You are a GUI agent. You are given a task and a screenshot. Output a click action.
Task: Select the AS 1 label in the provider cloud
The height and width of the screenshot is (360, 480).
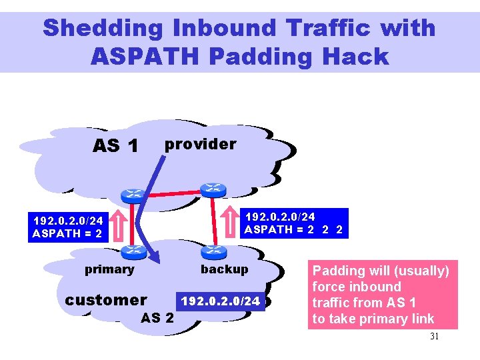click(x=115, y=145)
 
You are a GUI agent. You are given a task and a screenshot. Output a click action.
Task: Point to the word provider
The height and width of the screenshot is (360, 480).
click(x=200, y=144)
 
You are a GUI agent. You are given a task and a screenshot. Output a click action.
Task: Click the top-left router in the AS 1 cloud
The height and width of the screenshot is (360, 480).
click(x=131, y=195)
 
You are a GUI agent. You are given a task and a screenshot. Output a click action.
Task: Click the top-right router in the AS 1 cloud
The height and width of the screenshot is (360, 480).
click(x=214, y=189)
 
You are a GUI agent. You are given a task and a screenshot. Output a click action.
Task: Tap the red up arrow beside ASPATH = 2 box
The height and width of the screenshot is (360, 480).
click(x=120, y=226)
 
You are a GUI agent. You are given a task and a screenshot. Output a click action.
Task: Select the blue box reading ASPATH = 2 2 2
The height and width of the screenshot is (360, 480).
click(x=293, y=223)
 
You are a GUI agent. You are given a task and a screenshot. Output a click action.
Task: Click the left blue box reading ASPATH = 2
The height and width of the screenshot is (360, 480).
click(x=68, y=227)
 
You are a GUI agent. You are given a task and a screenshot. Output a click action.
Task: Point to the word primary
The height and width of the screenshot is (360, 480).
click(x=109, y=269)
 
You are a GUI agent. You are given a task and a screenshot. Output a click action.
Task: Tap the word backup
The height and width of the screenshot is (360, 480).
click(x=224, y=269)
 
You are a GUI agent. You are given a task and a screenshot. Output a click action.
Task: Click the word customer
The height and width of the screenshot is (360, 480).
click(x=106, y=300)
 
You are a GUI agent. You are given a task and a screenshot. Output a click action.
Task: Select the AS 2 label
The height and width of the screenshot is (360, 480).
click(x=157, y=317)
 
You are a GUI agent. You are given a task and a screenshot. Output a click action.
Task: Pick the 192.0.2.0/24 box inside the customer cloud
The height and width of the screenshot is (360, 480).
click(x=221, y=301)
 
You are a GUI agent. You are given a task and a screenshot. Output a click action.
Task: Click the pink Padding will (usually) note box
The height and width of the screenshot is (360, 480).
click(x=383, y=295)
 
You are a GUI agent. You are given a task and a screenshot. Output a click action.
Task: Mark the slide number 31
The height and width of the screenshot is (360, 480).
click(x=434, y=337)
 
